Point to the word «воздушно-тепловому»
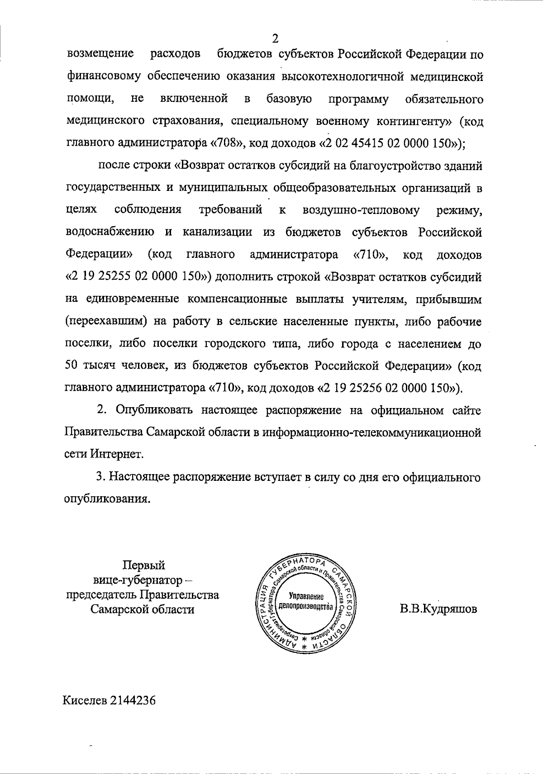point(361,210)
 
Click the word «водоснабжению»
point(110,233)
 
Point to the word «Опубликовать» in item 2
point(154,410)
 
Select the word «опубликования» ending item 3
point(107,499)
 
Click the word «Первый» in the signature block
point(144,565)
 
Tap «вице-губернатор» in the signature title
point(138,580)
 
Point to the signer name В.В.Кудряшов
point(438,609)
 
